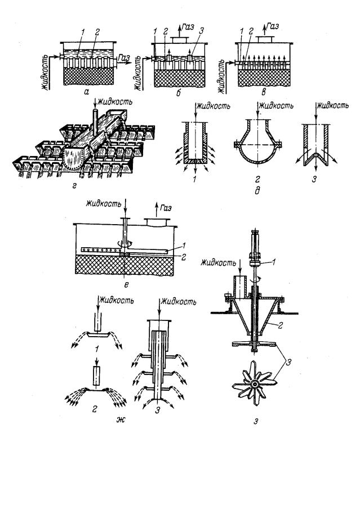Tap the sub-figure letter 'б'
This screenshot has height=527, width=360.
[x=179, y=93]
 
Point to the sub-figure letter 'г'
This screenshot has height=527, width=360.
[x=74, y=184]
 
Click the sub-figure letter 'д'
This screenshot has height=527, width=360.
[x=257, y=191]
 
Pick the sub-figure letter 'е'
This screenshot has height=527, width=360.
[x=126, y=285]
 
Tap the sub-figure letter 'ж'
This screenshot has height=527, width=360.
[x=121, y=419]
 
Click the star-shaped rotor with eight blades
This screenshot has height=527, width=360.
[x=255, y=383]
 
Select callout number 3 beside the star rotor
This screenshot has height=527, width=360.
[x=288, y=362]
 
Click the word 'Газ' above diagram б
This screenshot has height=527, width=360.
[x=188, y=27]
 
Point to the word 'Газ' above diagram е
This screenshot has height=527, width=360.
[x=165, y=208]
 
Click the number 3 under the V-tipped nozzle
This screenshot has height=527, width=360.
[x=314, y=179]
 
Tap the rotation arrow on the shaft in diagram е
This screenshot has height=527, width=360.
[x=125, y=244]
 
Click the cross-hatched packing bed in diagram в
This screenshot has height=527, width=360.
[x=264, y=78]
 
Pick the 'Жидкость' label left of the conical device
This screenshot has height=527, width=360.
[x=218, y=263]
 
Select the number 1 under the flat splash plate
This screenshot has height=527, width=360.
[x=96, y=350]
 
